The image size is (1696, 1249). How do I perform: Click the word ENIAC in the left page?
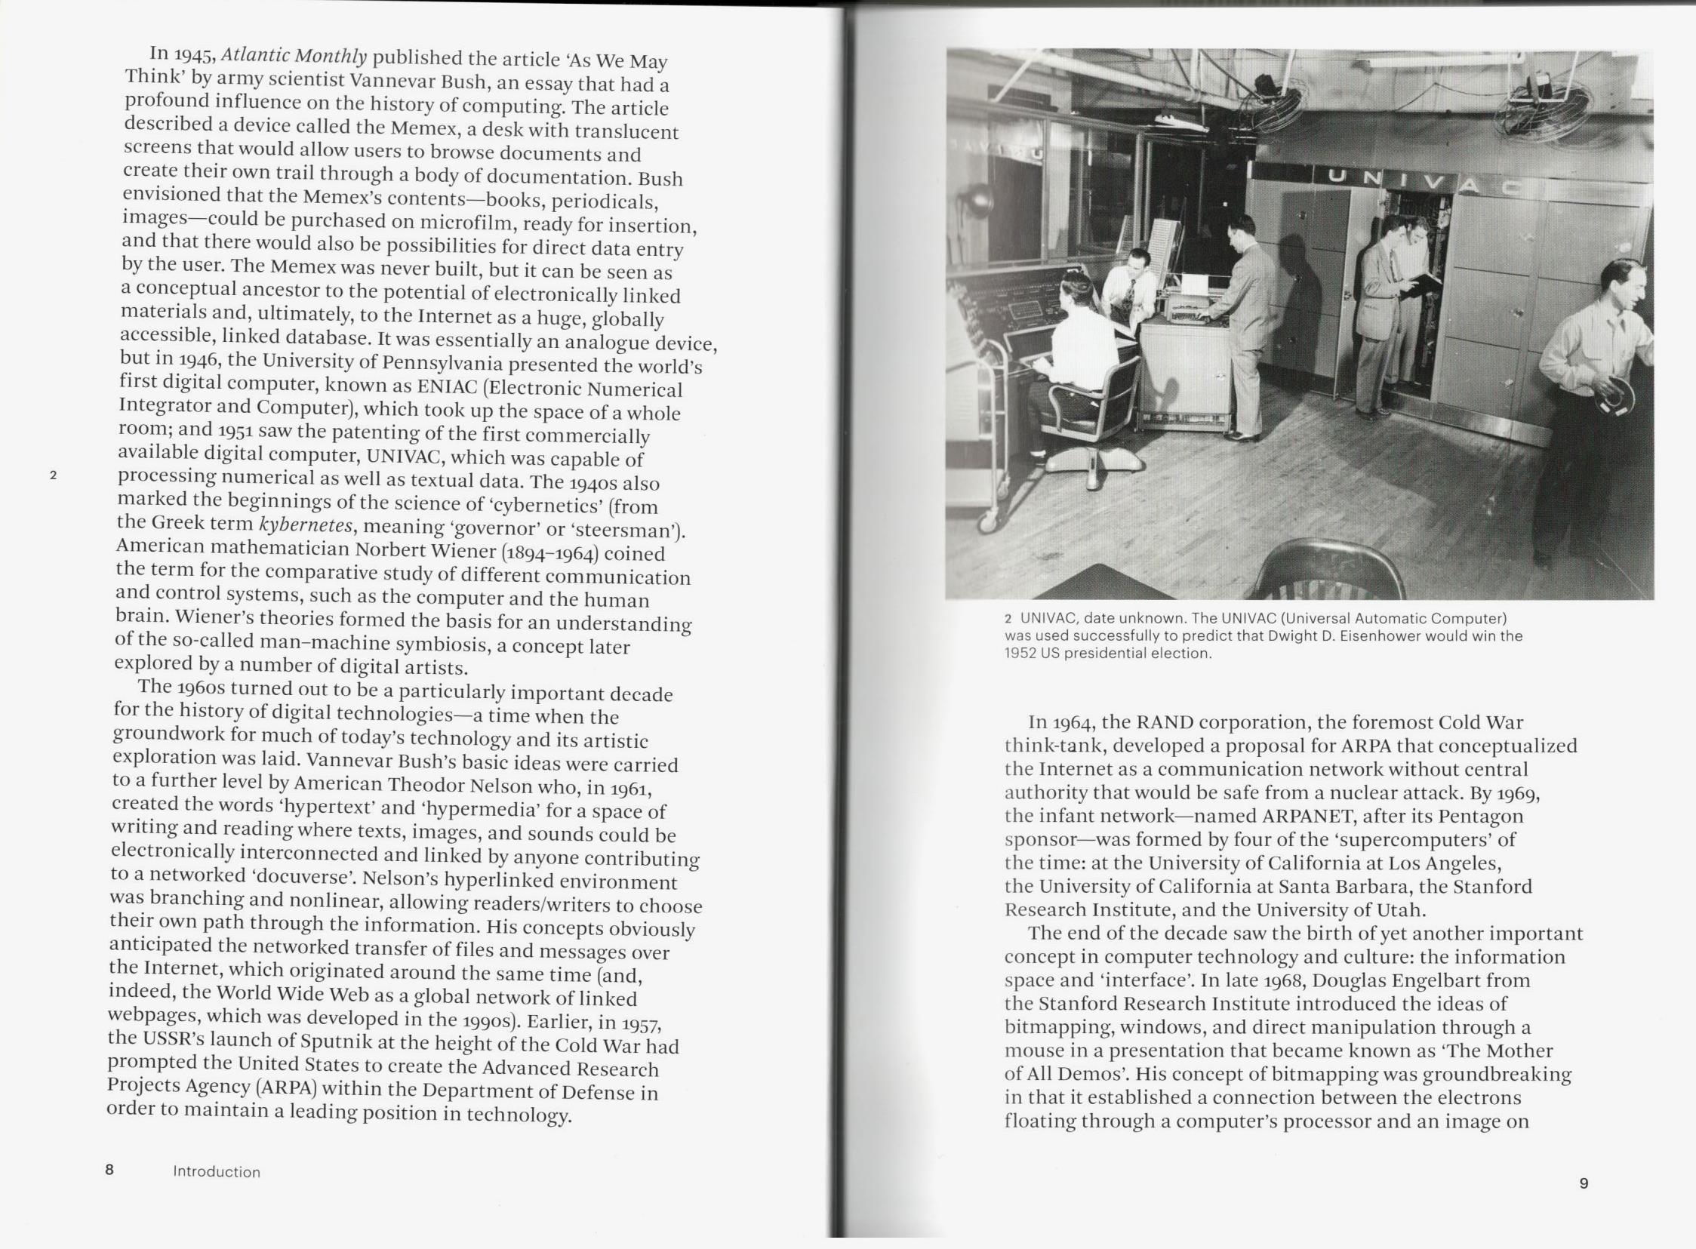447,386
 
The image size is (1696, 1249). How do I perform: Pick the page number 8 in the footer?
109,1170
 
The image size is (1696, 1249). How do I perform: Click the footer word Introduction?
217,1172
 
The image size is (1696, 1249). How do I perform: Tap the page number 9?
1584,1183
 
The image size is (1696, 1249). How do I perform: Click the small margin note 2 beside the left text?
53,475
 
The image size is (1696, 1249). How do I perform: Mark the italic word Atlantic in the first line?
254,56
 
